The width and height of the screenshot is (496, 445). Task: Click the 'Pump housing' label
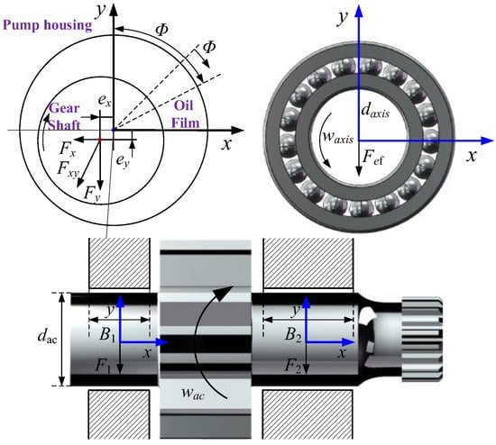(48, 25)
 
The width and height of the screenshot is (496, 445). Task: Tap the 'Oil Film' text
(185, 114)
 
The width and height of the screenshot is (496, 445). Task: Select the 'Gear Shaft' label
(64, 116)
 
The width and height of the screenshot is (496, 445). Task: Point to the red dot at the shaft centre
(100, 140)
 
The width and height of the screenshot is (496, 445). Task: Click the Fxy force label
(68, 169)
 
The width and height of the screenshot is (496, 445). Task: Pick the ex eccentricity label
(105, 101)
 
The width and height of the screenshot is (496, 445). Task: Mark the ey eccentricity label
(123, 161)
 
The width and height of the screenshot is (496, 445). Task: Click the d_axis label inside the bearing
(375, 111)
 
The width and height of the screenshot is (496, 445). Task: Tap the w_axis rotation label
(338, 137)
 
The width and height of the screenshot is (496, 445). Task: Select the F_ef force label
(372, 158)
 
